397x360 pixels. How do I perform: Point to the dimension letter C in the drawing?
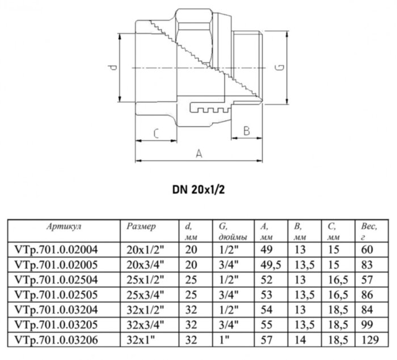155,133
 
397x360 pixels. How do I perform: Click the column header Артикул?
62,225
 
